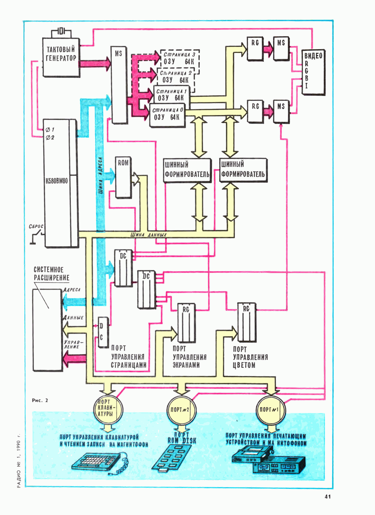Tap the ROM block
click(123, 177)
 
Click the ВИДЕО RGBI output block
click(313, 73)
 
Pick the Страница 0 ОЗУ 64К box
click(167, 115)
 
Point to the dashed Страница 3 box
click(180, 58)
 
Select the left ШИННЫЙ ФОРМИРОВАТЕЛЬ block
click(187, 170)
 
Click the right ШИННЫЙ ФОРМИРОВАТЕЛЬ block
click(243, 170)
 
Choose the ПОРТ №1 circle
click(270, 410)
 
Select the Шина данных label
click(148, 235)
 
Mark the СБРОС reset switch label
click(36, 226)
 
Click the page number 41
click(328, 496)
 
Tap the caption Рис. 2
click(40, 400)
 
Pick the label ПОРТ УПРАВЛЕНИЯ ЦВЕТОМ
click(250, 357)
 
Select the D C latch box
click(103, 332)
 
